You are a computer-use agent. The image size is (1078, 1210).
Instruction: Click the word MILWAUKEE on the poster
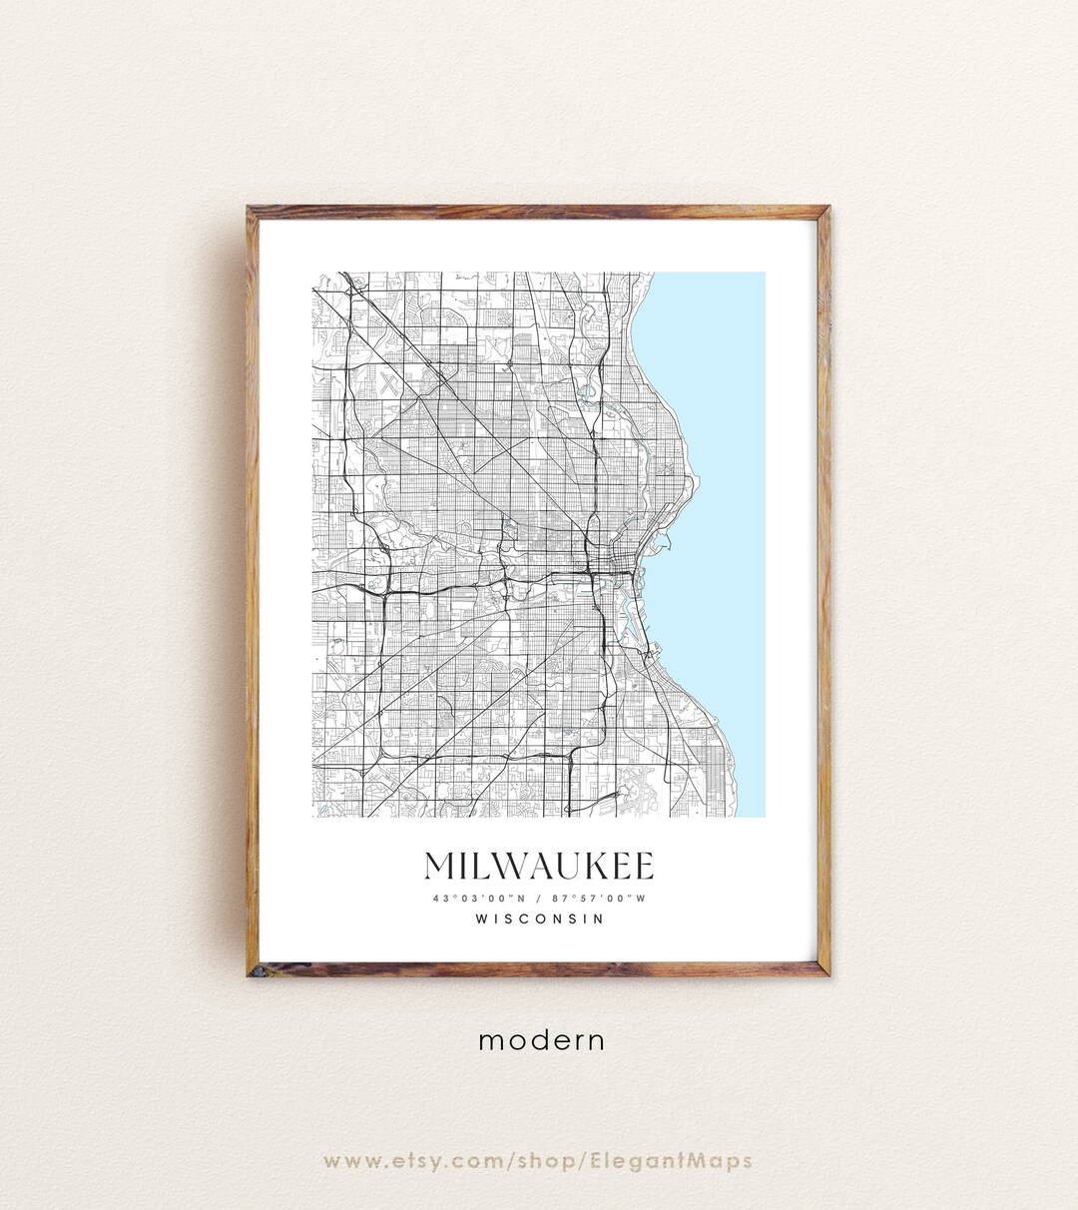[x=539, y=866]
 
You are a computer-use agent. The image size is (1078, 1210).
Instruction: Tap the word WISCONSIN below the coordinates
[x=539, y=918]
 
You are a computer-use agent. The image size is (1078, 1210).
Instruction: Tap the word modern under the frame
[x=541, y=1040]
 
